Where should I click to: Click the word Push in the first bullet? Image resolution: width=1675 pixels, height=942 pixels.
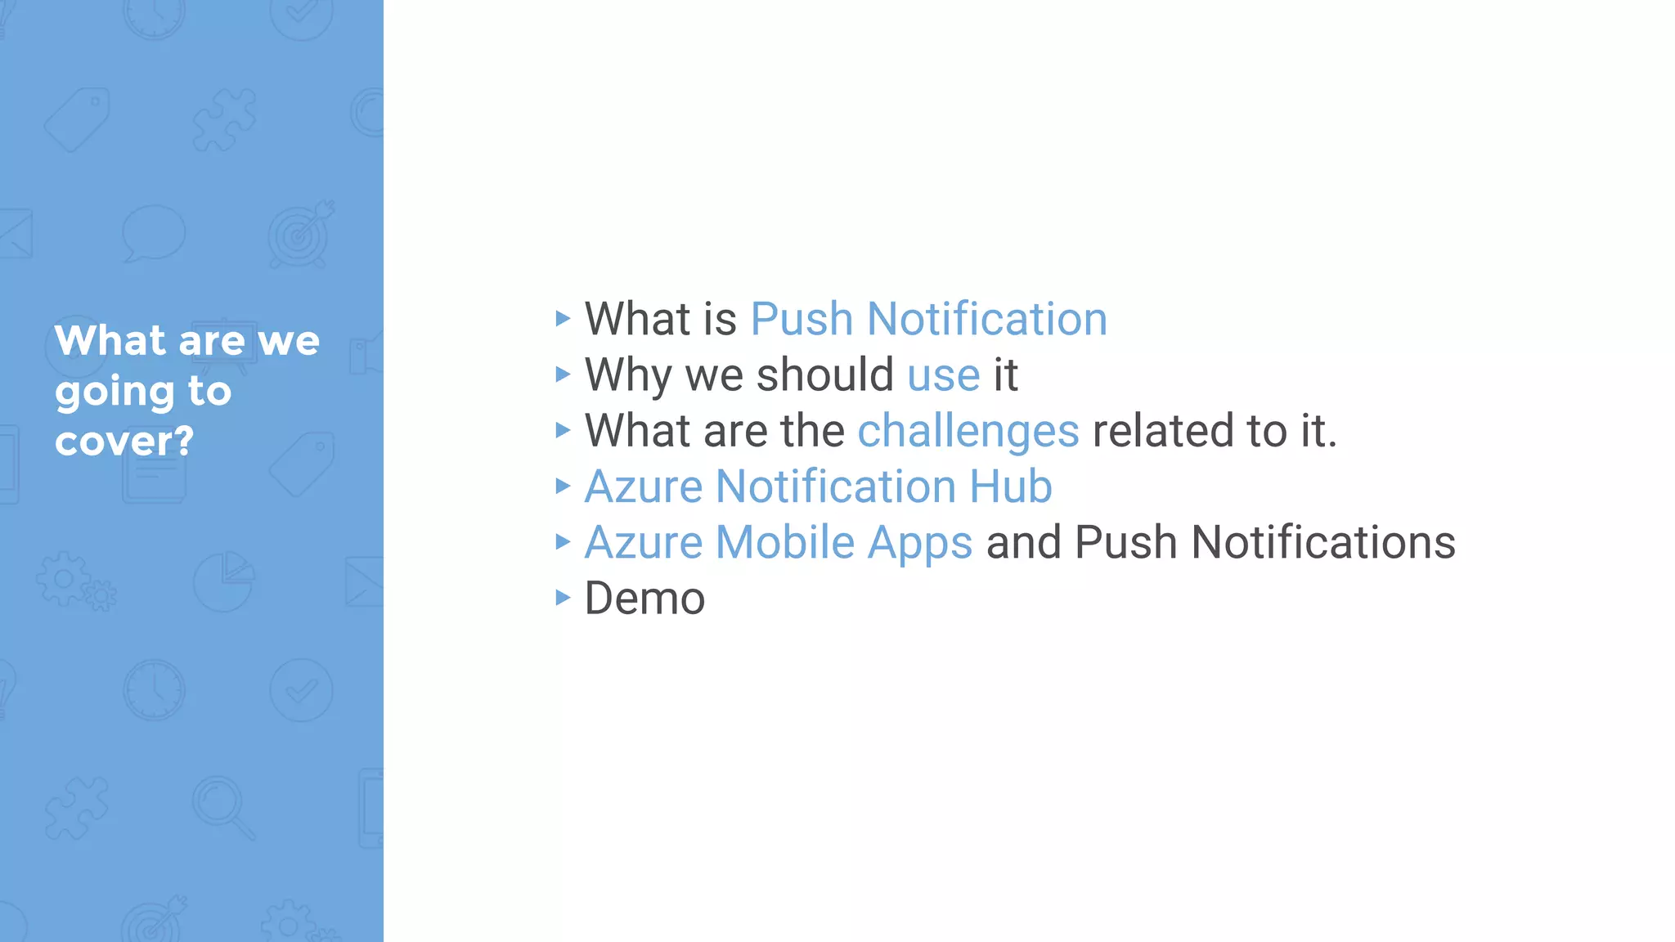[802, 319]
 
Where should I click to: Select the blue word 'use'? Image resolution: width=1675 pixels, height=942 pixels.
[944, 375]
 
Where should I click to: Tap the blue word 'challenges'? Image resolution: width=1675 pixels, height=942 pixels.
[968, 432]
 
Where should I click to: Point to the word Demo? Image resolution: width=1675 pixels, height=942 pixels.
[644, 599]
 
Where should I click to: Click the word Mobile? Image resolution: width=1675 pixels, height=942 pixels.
[785, 543]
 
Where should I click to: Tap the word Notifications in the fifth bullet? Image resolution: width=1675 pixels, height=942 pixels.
[1323, 543]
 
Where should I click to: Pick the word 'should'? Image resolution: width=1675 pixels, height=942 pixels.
[825, 375]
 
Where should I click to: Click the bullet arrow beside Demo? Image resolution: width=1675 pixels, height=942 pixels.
[562, 598]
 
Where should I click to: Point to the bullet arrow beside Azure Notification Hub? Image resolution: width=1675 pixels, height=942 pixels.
[562, 487]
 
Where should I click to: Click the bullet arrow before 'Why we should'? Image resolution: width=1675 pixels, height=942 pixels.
[562, 375]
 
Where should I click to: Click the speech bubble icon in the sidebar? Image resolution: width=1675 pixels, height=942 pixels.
[153, 233]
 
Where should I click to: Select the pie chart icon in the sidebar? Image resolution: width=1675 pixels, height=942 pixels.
[223, 581]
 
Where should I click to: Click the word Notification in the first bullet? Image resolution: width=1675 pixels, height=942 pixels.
[987, 319]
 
